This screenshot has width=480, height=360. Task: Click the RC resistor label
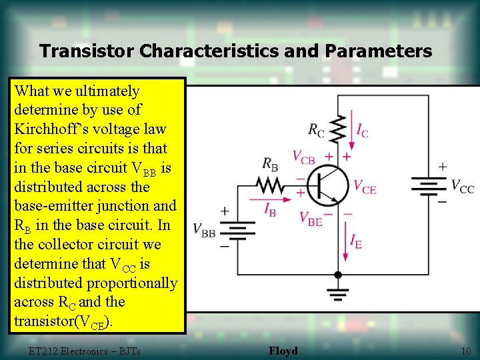[x=316, y=130]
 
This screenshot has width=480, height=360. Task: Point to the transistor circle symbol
[x=328, y=185]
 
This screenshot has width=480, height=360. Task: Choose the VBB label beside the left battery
[x=204, y=229]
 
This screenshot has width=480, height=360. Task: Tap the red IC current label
[x=362, y=131]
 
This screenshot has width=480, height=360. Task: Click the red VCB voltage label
[x=304, y=157]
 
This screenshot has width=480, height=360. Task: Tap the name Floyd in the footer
[x=283, y=351]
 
